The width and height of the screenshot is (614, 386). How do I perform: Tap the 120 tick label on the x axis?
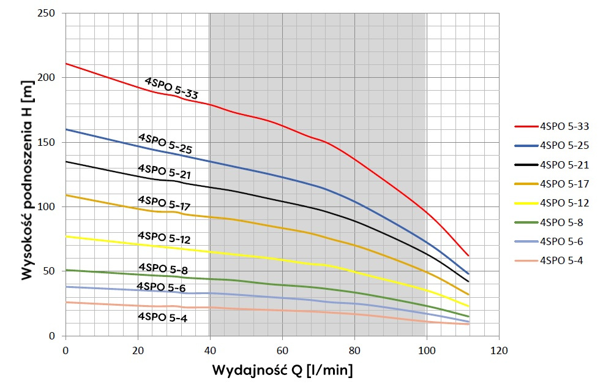tap(499, 351)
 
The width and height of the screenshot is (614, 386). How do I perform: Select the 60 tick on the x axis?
tap(282, 351)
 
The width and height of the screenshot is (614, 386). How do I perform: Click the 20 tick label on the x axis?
tap(138, 351)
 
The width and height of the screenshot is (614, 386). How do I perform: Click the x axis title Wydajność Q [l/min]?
tap(282, 371)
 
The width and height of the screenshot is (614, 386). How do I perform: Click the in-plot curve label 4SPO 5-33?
tap(171, 89)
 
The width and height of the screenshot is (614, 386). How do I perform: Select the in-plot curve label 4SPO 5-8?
tap(162, 268)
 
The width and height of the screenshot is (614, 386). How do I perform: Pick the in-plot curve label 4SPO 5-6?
tap(160, 287)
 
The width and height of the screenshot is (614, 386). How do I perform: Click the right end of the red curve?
tap(468, 255)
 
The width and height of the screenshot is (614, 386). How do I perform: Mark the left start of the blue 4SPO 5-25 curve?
tap(66, 129)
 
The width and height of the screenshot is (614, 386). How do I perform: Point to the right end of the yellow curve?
tap(468, 306)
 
